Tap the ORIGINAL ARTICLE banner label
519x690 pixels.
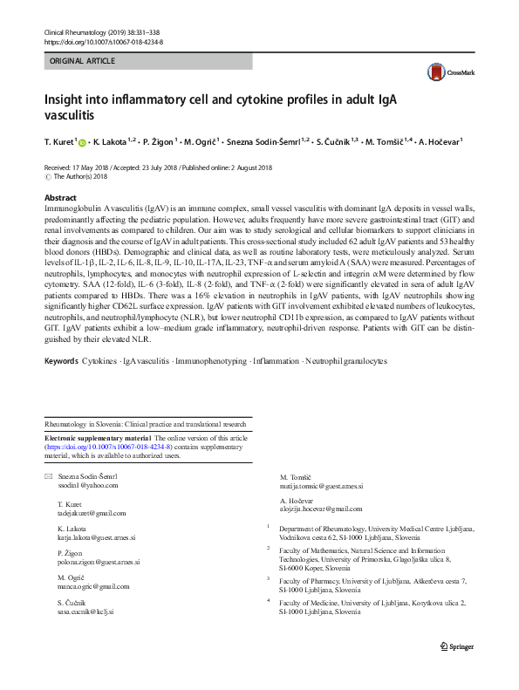click(83, 62)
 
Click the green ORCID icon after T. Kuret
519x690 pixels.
click(82, 141)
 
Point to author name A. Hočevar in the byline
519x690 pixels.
click(441, 141)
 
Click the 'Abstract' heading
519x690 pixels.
click(60, 198)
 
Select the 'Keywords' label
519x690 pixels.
click(63, 385)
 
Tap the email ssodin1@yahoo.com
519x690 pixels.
click(85, 485)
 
